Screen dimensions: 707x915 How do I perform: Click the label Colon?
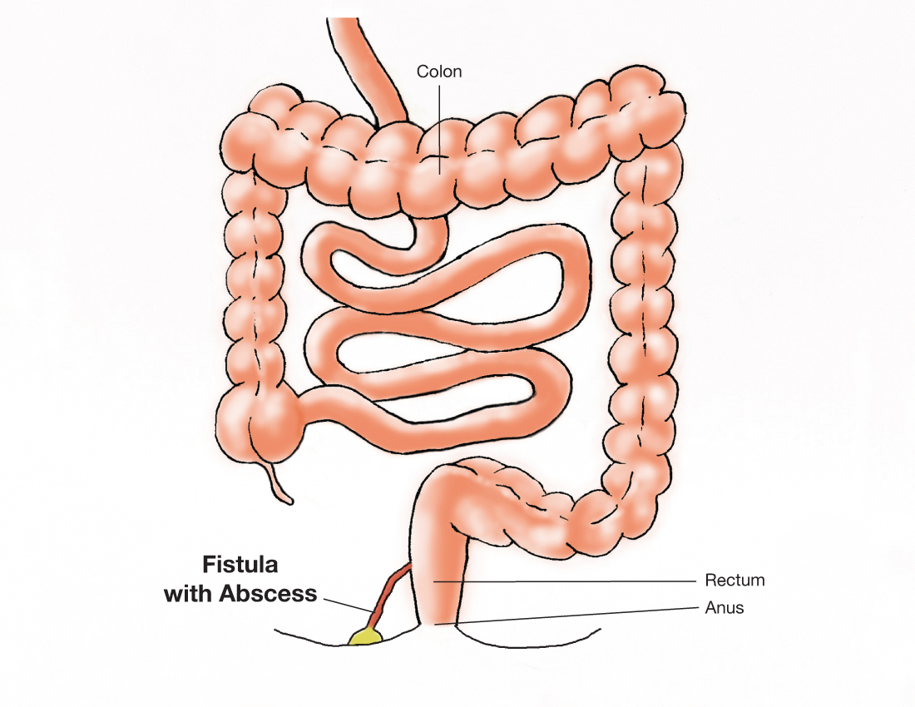[x=438, y=72]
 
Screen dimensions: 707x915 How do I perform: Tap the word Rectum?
[x=734, y=580]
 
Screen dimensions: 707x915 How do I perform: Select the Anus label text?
[x=724, y=608]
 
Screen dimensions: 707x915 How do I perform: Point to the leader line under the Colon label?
[x=439, y=125]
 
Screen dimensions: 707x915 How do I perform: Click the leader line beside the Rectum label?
[x=566, y=580]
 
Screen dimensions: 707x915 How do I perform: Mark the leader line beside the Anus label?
[x=566, y=615]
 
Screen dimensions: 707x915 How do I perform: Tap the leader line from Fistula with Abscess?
[x=345, y=604]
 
